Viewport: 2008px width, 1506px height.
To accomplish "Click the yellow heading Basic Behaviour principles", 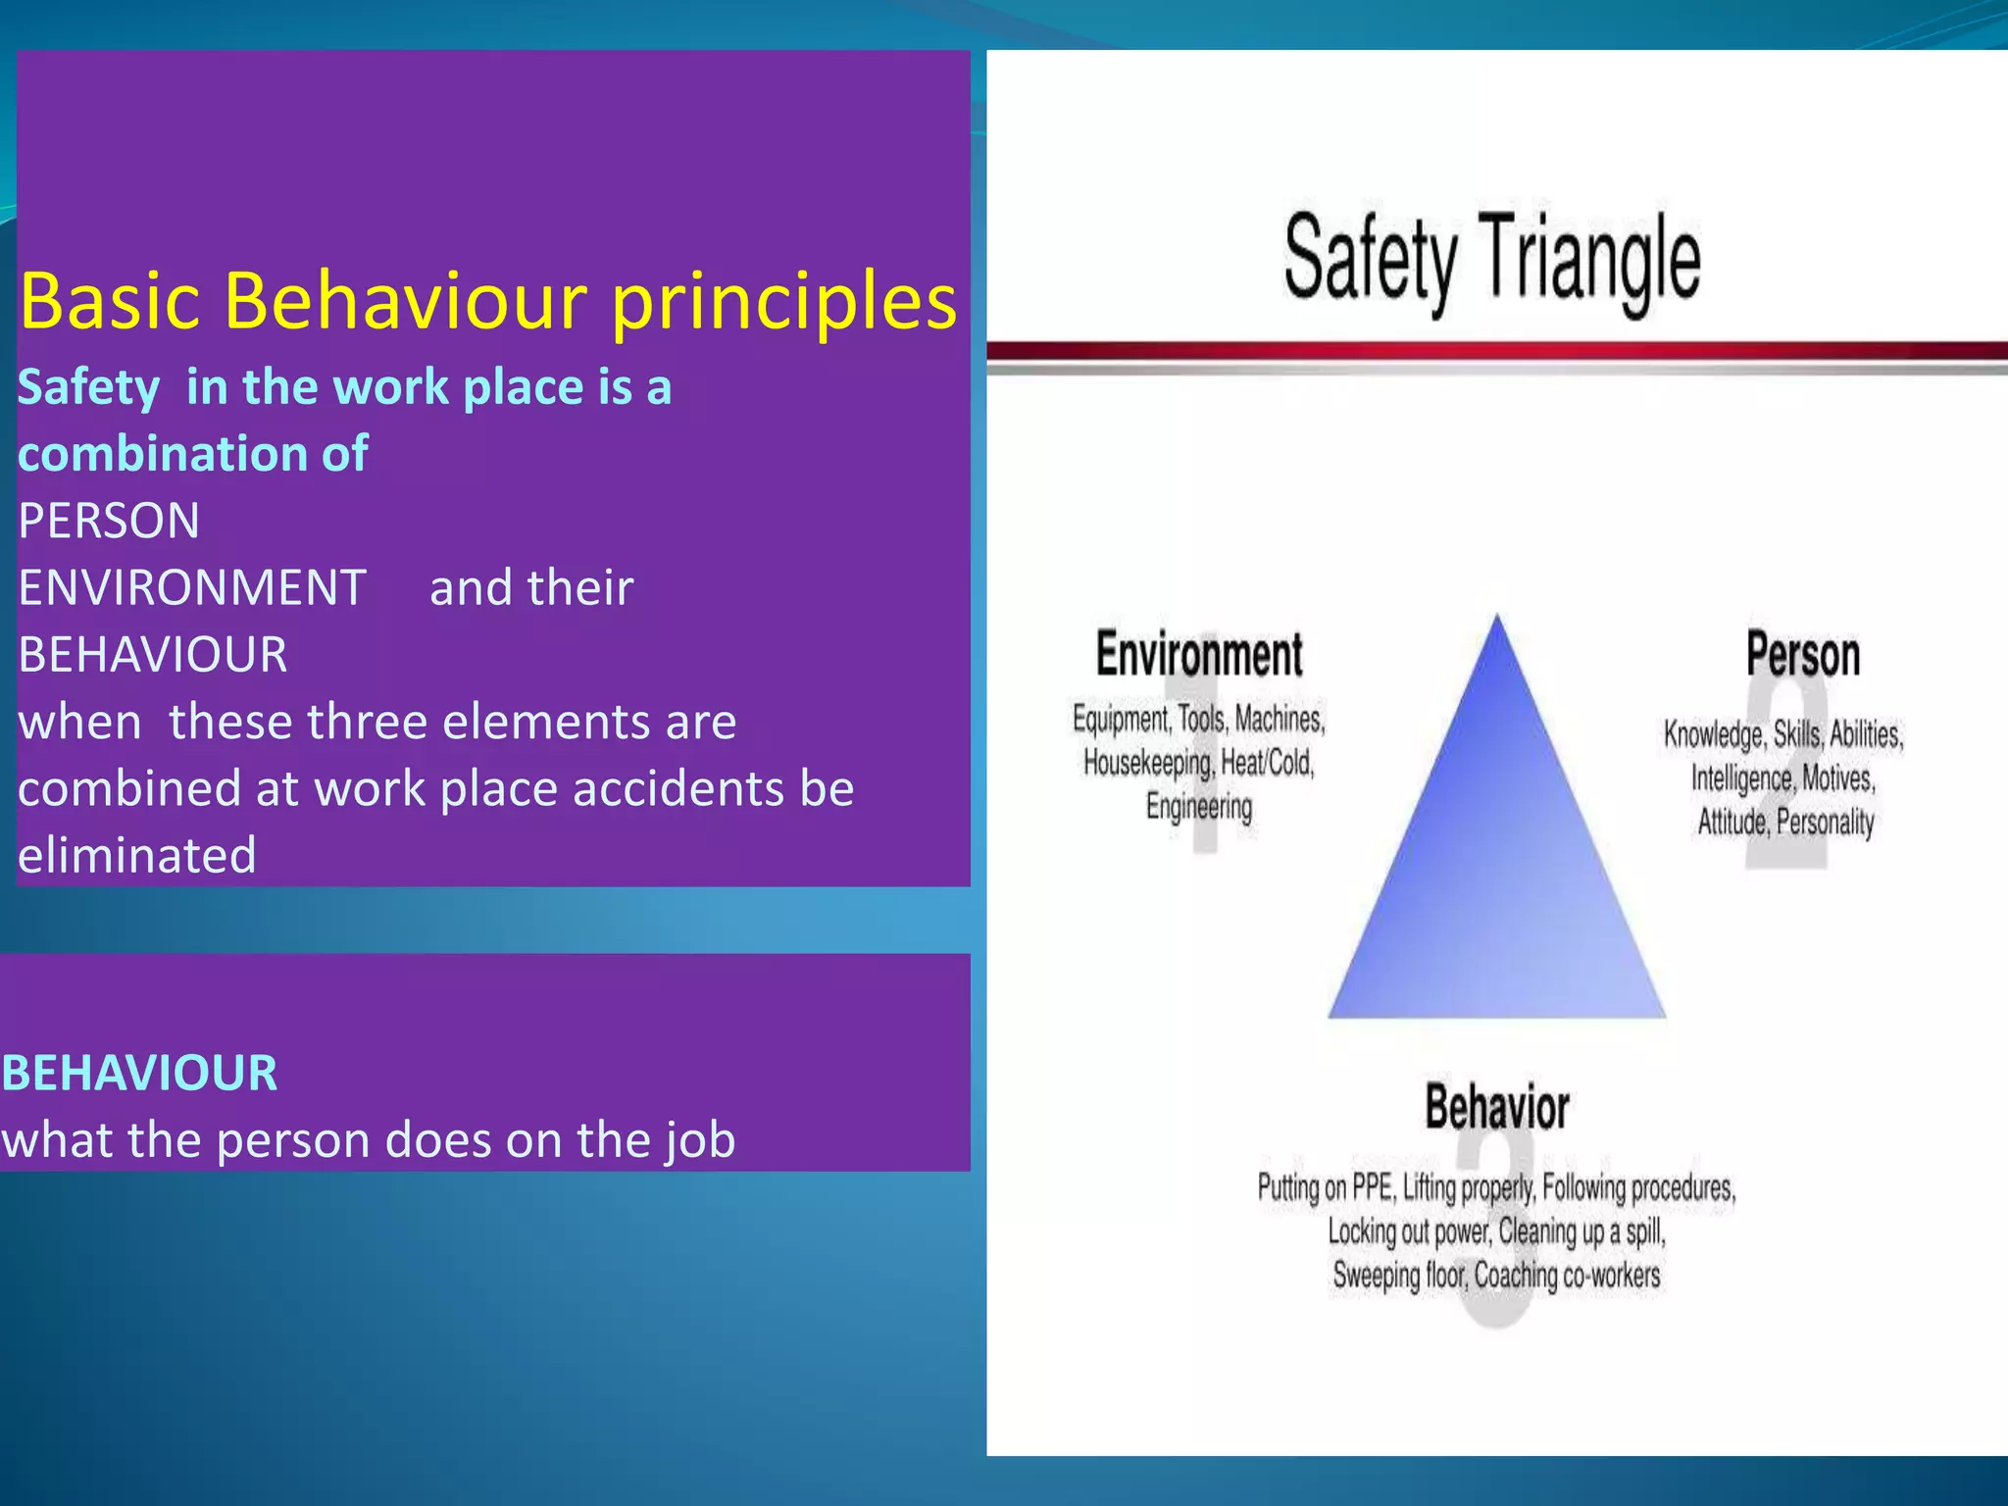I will tap(487, 300).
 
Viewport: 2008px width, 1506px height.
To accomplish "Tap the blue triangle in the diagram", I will tap(1496, 863).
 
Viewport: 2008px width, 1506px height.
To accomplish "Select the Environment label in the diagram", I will tap(1199, 655).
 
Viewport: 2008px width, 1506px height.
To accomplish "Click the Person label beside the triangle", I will tap(1802, 655).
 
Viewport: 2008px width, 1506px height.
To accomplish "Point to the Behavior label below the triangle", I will tap(1496, 1108).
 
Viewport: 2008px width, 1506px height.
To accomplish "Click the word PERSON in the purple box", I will tap(109, 521).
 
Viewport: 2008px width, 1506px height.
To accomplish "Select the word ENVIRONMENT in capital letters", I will tap(192, 588).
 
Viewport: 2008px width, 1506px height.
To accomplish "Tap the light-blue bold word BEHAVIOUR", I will tap(139, 1073).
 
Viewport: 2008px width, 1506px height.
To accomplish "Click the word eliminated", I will tap(137, 855).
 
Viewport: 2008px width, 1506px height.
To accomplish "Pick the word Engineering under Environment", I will tap(1199, 807).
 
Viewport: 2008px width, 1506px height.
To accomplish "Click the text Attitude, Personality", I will tap(1785, 822).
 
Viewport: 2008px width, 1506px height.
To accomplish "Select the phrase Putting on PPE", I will tap(1325, 1188).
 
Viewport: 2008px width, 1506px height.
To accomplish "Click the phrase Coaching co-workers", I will tap(1567, 1276).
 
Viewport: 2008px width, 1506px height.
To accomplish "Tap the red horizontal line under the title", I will tap(1496, 351).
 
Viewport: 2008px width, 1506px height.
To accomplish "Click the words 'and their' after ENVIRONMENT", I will tap(531, 588).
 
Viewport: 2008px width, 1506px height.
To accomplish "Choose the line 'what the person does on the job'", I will tap(369, 1140).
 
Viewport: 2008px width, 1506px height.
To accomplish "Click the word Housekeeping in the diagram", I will tap(1146, 763).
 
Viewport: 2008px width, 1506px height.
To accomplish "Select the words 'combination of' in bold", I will tap(193, 454).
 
